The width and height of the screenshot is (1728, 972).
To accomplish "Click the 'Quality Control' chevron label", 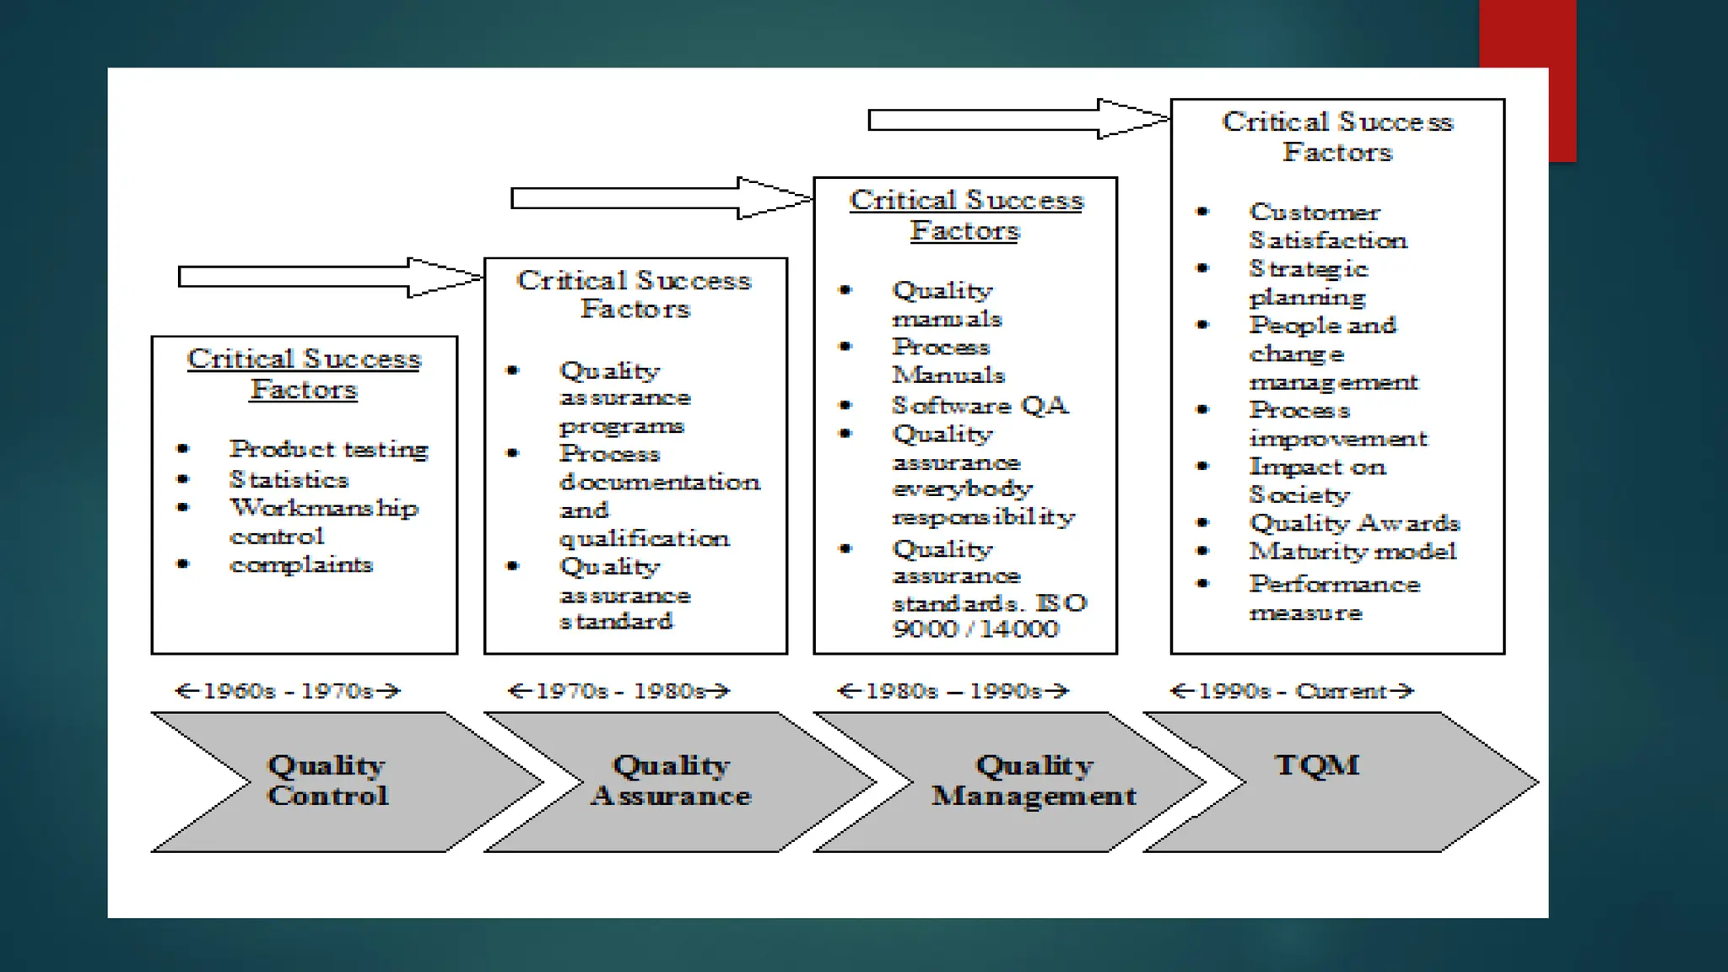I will click(x=327, y=780).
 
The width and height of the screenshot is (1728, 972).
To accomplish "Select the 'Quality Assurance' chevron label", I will click(x=671, y=780).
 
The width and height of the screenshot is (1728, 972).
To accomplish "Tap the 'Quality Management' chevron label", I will click(x=1034, y=780).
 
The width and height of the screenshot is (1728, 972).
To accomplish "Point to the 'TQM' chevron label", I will click(x=1316, y=765).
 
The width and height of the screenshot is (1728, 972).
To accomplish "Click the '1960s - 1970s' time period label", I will click(x=288, y=691).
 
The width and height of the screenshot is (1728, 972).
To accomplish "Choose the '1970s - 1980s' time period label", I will click(x=619, y=691).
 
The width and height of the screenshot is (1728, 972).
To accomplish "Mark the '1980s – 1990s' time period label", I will click(x=953, y=691).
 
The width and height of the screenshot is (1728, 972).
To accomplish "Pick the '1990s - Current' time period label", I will click(x=1292, y=691).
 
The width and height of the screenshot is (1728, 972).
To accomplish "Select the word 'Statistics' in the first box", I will click(x=289, y=480).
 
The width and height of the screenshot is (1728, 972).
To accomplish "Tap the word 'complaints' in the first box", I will click(x=301, y=564).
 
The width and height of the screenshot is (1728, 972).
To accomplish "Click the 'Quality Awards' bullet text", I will click(x=1354, y=523).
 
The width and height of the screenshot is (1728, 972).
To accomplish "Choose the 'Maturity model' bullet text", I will click(x=1353, y=552).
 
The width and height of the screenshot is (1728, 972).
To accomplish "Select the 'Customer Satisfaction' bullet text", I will click(x=1327, y=226).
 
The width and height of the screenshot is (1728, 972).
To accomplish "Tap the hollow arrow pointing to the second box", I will click(x=329, y=277).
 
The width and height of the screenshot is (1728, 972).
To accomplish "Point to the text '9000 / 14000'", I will click(x=975, y=629).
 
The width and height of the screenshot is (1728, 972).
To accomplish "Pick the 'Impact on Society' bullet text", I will click(x=1317, y=481).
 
